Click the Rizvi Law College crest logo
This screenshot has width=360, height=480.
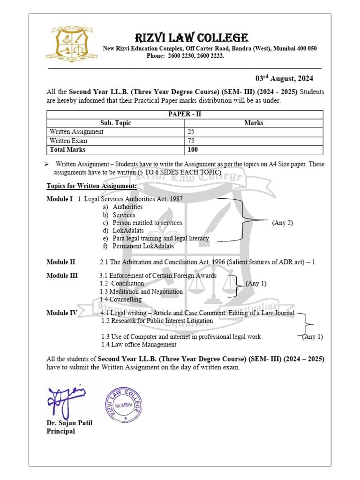pos(72,43)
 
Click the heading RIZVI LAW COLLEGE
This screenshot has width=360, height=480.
pos(192,37)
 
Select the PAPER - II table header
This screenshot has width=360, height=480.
pos(185,114)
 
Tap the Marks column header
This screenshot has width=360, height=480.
pos(254,123)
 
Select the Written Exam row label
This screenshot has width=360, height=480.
pos(68,141)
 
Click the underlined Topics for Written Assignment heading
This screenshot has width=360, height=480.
pos(91,186)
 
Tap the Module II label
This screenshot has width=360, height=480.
pos(60,262)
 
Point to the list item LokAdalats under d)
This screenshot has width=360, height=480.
pos(128,231)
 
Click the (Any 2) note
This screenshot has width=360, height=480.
pos(282,223)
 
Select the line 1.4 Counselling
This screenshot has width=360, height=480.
pos(120,300)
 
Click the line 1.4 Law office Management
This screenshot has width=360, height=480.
pos(139,345)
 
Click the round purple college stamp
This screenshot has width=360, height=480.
pos(123,405)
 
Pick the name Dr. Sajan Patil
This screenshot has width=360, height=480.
pos(69,423)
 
